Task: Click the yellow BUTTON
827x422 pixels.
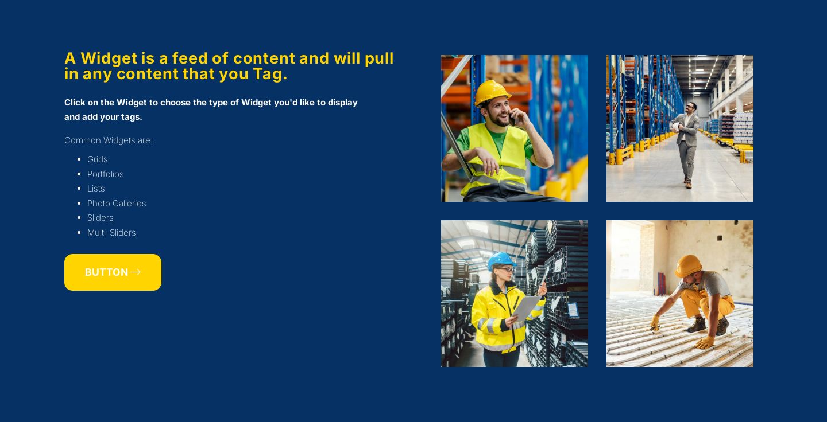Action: [x=113, y=272]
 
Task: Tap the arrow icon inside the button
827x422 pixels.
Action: [x=136, y=272]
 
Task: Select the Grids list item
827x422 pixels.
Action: [x=98, y=159]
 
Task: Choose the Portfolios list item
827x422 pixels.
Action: [x=105, y=174]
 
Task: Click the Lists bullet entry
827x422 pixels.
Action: [x=96, y=188]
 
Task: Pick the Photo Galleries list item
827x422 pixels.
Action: [x=117, y=203]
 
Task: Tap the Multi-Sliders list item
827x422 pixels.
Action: [x=111, y=233]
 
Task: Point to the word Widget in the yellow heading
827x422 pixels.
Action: [x=109, y=58]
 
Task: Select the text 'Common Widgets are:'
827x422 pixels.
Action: [x=108, y=140]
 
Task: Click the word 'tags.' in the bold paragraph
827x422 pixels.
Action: [x=132, y=117]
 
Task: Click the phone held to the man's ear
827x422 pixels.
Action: [x=512, y=119]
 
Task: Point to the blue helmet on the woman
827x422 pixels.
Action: [x=500, y=260]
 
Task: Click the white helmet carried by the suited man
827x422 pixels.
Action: [x=675, y=127]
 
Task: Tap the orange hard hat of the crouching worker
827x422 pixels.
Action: [x=688, y=265]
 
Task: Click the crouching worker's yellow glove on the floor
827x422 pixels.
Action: [x=705, y=343]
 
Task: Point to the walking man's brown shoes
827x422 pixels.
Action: [x=687, y=183]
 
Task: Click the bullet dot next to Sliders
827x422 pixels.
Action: [x=79, y=218]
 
